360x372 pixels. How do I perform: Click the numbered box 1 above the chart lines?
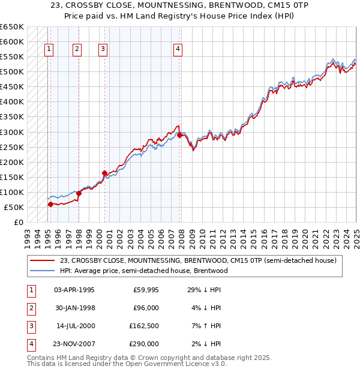[x=49, y=50]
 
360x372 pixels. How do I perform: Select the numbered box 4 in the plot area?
[x=178, y=50]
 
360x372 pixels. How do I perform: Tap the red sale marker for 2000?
[x=104, y=173]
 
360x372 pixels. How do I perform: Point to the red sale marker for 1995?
[x=50, y=204]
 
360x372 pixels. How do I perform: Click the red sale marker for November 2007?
[x=180, y=135]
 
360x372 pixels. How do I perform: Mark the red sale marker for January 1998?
[x=79, y=193]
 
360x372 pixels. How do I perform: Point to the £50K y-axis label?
[x=14, y=207]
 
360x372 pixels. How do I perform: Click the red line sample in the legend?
[x=43, y=260]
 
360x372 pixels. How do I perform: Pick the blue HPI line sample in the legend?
[x=43, y=271]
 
